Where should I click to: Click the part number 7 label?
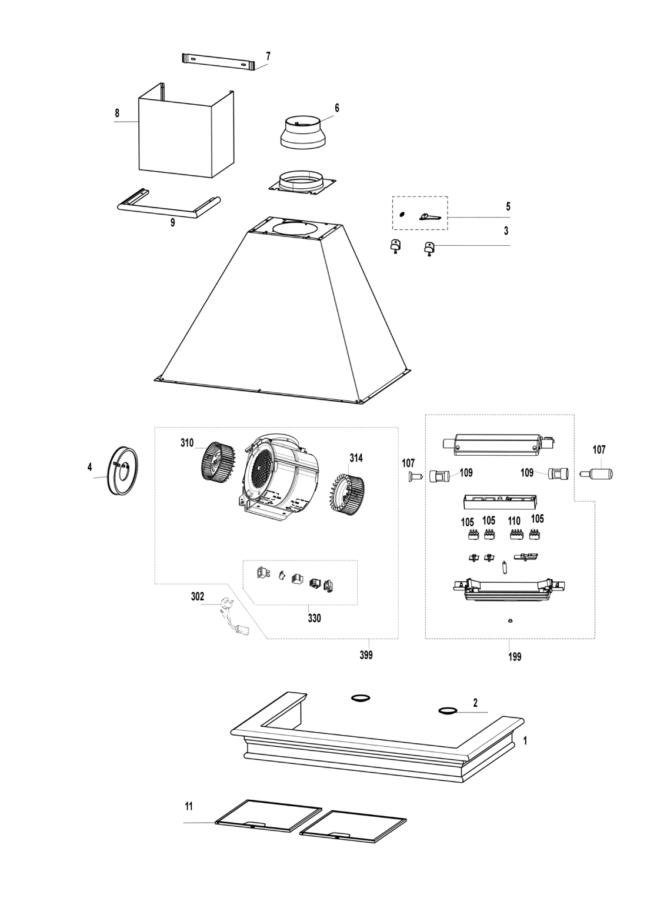pos(268,56)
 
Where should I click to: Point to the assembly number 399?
pos(366,655)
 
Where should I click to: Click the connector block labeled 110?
pos(516,534)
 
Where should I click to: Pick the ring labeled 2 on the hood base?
pos(448,712)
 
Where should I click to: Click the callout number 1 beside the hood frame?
pos(525,742)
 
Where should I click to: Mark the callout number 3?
pos(506,231)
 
